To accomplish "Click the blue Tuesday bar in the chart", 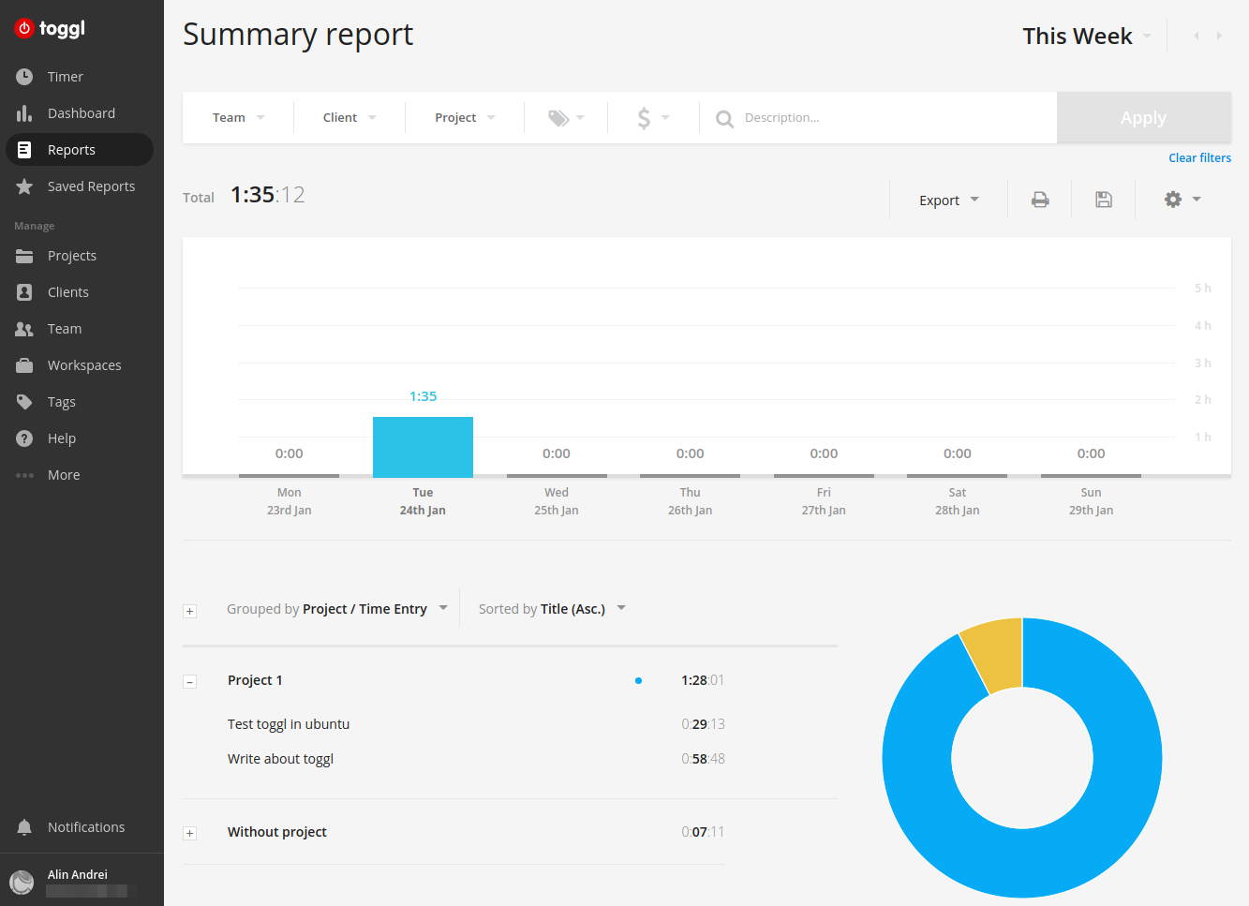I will click(x=423, y=447).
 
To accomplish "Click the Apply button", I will click(x=1143, y=118).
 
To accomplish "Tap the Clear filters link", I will click(x=1199, y=158).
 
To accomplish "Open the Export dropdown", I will click(x=948, y=200).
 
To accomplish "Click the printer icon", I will click(x=1040, y=200).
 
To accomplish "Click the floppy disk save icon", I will click(x=1104, y=200).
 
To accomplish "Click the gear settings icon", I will click(x=1173, y=200).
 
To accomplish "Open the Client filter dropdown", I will click(x=349, y=118).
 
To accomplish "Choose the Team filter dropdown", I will click(x=238, y=118).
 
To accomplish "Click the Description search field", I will click(x=881, y=118).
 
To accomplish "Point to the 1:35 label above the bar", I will click(x=423, y=396).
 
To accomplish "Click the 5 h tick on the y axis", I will click(x=1202, y=289).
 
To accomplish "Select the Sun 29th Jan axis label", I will click(x=1091, y=501).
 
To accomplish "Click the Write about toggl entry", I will click(x=280, y=759).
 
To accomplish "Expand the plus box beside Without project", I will click(x=190, y=833).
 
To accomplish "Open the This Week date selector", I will click(x=1086, y=37).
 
